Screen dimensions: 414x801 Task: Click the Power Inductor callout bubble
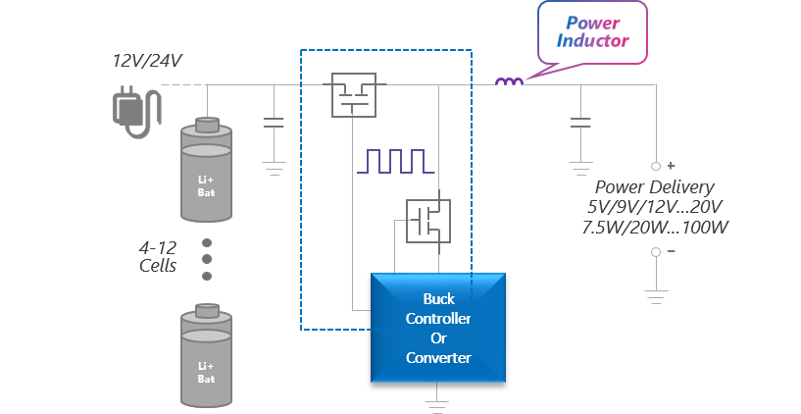click(x=592, y=31)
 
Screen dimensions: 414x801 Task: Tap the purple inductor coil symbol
click(x=508, y=82)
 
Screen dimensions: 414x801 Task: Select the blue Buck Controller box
click(x=438, y=328)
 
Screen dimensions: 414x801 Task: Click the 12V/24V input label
click(x=147, y=62)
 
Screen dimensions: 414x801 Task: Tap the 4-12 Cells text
click(x=157, y=256)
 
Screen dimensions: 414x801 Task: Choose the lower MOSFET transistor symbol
click(x=428, y=220)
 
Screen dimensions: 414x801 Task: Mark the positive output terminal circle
click(x=656, y=166)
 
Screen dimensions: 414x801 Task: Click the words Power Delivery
click(x=655, y=187)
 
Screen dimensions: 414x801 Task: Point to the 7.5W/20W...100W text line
click(x=655, y=228)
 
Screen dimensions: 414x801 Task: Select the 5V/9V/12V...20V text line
click(x=655, y=208)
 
